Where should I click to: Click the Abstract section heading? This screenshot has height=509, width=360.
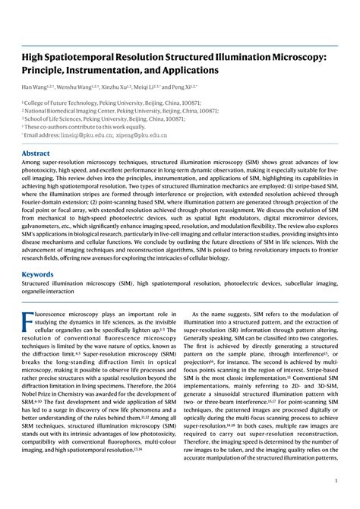36,153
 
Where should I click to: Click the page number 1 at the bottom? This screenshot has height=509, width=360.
336,481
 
